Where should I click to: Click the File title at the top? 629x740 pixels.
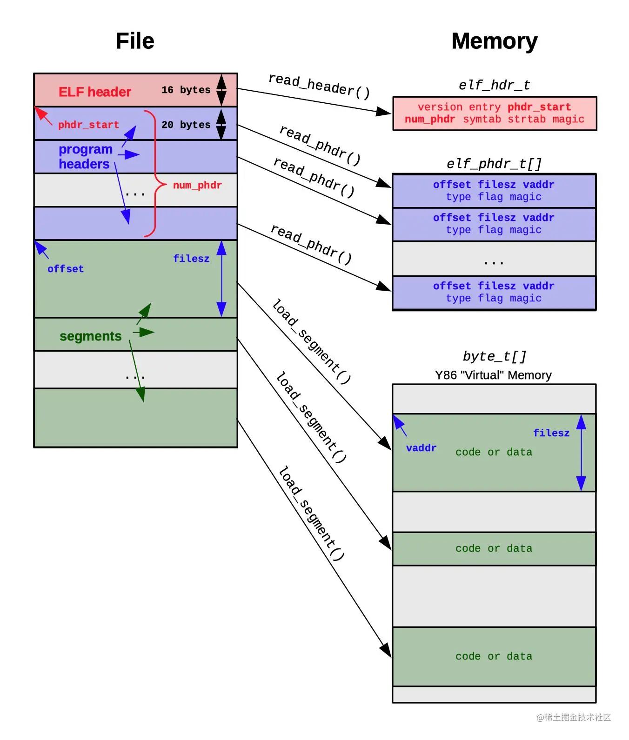(x=134, y=41)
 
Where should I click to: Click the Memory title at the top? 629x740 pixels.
(x=494, y=41)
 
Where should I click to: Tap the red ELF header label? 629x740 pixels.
(x=95, y=92)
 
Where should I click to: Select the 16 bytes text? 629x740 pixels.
(x=186, y=90)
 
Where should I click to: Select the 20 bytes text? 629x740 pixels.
(x=186, y=125)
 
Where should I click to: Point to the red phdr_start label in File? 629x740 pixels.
(x=88, y=125)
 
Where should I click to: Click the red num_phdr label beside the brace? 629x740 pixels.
(x=197, y=185)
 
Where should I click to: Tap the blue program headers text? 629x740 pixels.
(x=85, y=157)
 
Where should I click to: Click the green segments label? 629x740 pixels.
(x=90, y=336)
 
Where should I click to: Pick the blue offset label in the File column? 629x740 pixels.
(x=65, y=269)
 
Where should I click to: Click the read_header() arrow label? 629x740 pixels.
(x=319, y=86)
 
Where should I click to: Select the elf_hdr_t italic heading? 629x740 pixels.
(x=494, y=85)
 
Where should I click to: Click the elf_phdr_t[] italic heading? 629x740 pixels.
(x=494, y=164)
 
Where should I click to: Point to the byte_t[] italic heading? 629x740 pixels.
(x=494, y=356)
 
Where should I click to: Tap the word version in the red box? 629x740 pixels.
(x=440, y=107)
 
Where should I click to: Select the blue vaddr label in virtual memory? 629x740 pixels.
(x=421, y=448)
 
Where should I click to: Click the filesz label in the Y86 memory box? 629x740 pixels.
(x=551, y=433)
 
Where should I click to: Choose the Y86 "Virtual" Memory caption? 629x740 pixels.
(x=493, y=375)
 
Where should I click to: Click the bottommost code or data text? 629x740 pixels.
(x=494, y=656)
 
